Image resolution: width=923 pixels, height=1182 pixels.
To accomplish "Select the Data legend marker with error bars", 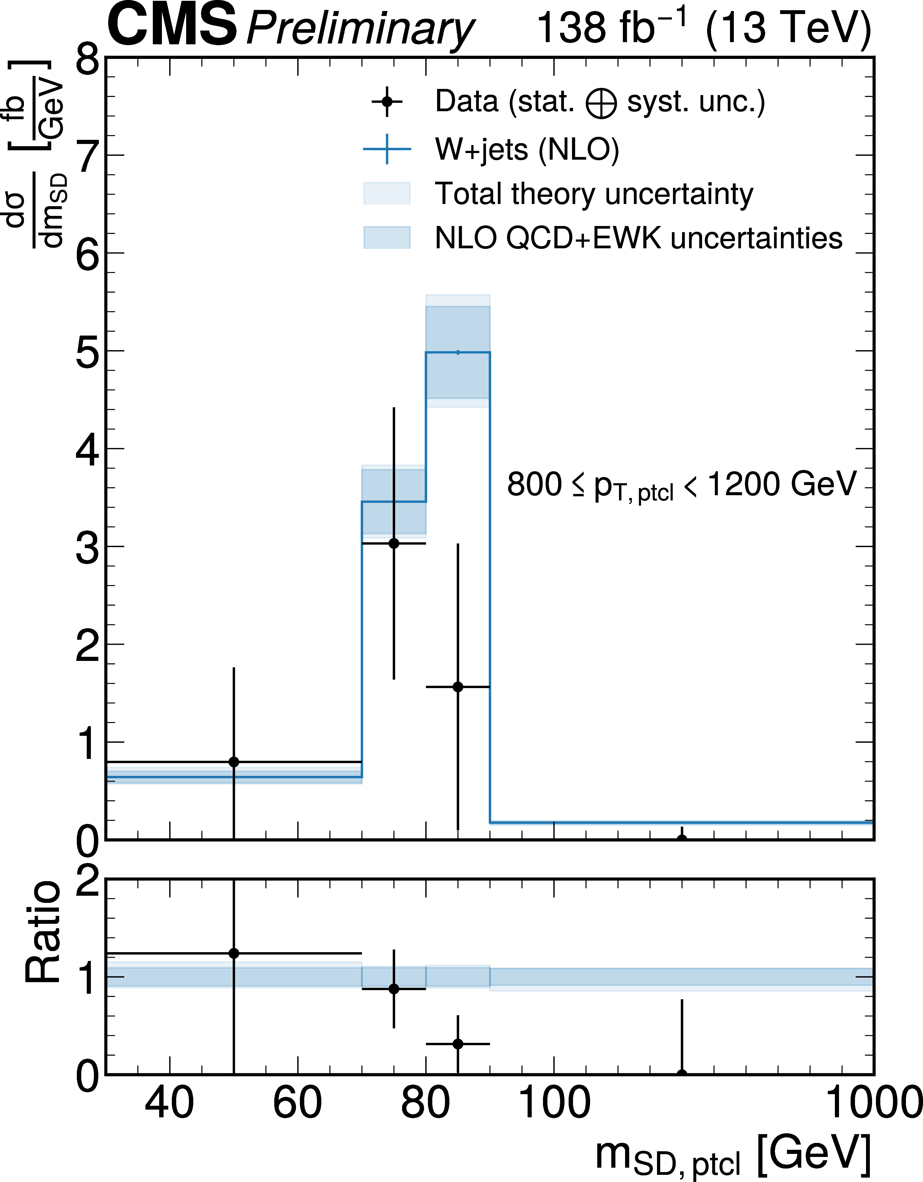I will click(387, 102).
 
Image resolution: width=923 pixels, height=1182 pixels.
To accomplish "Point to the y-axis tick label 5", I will click(88, 352).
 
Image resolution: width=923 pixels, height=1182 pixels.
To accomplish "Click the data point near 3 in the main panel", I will click(393, 543).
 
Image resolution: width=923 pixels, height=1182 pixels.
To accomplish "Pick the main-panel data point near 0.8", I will click(234, 762).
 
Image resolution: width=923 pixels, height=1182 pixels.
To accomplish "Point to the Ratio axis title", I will click(43, 932).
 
